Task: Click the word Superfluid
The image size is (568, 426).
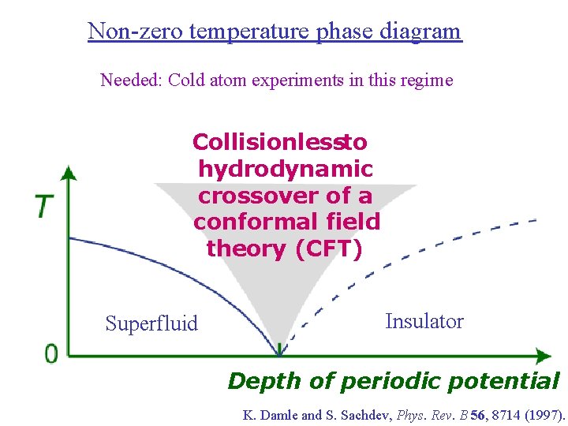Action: (151, 323)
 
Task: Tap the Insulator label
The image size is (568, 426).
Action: (424, 321)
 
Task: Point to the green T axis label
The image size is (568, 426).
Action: (45, 207)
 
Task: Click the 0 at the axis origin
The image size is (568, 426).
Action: (51, 353)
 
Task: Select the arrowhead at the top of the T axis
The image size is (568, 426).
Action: (69, 173)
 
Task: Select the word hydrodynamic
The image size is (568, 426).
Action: (286, 169)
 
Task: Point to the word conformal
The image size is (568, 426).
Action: (248, 222)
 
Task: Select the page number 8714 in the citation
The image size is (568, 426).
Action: (499, 415)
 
